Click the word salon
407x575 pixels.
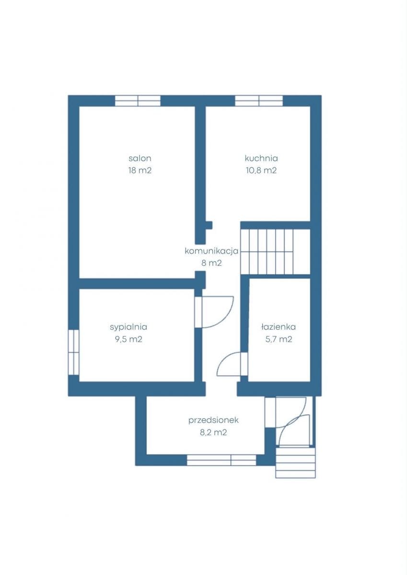point(140,159)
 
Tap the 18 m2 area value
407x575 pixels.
point(140,171)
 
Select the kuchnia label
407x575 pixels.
point(261,159)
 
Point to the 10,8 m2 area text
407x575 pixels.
point(261,171)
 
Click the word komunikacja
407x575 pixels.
point(211,251)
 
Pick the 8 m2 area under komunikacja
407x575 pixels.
point(211,263)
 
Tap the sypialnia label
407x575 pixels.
point(128,327)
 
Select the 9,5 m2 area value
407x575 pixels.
point(128,339)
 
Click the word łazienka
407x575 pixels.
point(279,327)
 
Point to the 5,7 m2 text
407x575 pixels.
point(279,339)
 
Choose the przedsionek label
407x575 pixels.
point(213,421)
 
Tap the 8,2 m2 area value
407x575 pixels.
point(213,433)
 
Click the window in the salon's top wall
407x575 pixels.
point(138,101)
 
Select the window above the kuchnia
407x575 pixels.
point(259,101)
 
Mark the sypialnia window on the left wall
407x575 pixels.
point(73,352)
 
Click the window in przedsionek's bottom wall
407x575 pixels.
point(221,460)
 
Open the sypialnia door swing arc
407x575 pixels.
point(226,319)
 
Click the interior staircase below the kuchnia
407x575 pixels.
point(275,252)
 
